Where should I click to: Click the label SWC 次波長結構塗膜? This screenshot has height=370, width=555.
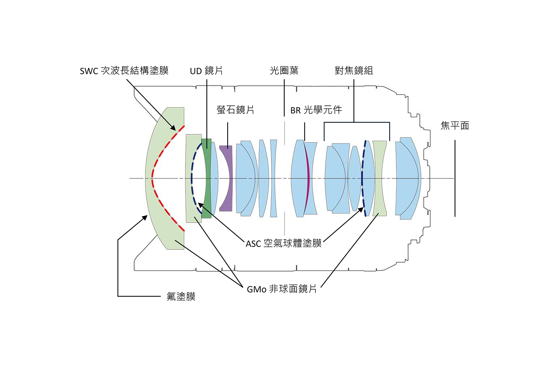(124, 71)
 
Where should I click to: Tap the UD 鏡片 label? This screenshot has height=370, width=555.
(206, 71)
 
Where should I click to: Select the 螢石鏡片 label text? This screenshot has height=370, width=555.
(235, 110)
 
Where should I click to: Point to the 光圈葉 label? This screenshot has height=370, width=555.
(284, 71)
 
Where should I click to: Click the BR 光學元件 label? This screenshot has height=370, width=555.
(316, 110)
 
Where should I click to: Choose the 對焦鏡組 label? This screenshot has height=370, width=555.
(354, 71)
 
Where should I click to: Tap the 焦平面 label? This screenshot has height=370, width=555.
(455, 125)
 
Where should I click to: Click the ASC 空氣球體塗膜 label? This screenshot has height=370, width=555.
(284, 243)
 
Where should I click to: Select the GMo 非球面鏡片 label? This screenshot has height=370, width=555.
(282, 289)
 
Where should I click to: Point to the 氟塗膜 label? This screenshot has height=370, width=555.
(181, 296)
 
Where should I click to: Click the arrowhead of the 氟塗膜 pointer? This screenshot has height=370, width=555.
(145, 217)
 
